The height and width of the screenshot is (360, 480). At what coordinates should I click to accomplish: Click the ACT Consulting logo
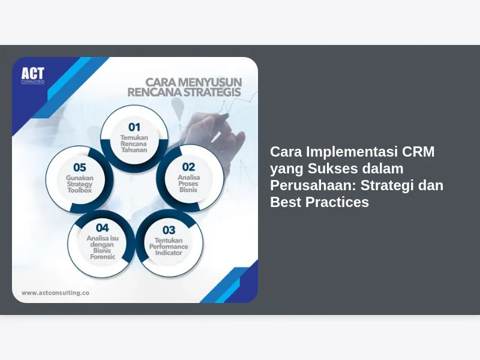pyautogui.click(x=33, y=76)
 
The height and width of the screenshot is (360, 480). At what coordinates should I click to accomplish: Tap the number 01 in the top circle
pyautogui.click(x=134, y=127)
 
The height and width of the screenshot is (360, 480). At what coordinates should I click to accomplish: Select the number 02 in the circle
pyautogui.click(x=188, y=167)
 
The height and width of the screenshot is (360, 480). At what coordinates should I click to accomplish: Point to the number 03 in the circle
pyautogui.click(x=169, y=230)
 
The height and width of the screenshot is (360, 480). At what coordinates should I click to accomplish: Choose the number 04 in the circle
pyautogui.click(x=102, y=228)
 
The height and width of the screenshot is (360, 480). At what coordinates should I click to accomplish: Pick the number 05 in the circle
pyautogui.click(x=80, y=167)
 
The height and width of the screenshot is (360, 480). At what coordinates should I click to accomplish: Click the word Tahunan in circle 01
pyautogui.click(x=134, y=150)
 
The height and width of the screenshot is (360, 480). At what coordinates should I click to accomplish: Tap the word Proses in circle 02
pyautogui.click(x=188, y=184)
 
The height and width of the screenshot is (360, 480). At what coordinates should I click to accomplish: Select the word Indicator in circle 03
pyautogui.click(x=169, y=253)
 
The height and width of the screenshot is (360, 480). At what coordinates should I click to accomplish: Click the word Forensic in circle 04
pyautogui.click(x=103, y=257)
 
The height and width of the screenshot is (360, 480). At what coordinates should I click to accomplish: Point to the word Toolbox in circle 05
pyautogui.click(x=80, y=190)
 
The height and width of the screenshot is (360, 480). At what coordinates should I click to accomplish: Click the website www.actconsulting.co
pyautogui.click(x=55, y=293)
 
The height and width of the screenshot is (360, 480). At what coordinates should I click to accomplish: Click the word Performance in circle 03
pyautogui.click(x=169, y=247)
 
